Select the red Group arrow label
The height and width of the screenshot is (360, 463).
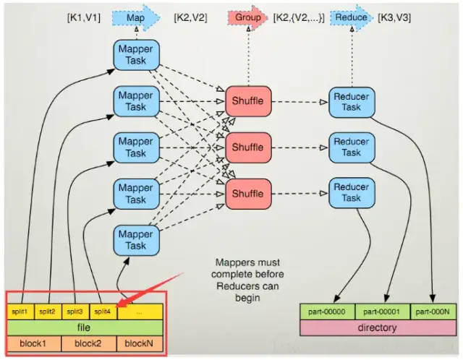click(248, 17)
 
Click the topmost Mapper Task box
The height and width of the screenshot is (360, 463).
click(135, 55)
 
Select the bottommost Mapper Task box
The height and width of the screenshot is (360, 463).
click(135, 240)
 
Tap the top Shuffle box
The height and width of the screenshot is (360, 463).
click(248, 101)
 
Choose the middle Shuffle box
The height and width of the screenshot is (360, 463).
click(248, 147)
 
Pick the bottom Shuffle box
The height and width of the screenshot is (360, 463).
click(248, 194)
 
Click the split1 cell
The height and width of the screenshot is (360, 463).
click(20, 312)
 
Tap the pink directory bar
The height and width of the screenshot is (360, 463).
click(378, 327)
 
